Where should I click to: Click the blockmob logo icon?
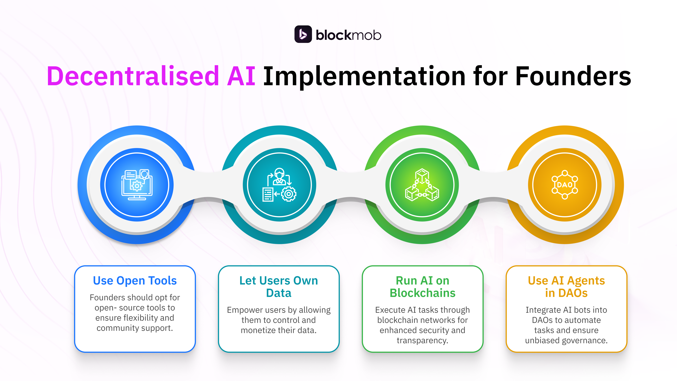[x=303, y=34]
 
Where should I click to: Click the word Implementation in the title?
[x=364, y=77]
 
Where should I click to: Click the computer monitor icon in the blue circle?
[x=137, y=185]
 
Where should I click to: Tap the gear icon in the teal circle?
[x=289, y=194]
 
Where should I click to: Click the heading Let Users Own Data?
[x=279, y=287]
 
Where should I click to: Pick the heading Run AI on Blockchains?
[x=422, y=287]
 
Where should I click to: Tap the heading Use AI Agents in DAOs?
[x=566, y=287]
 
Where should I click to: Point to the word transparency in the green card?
[x=422, y=341]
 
